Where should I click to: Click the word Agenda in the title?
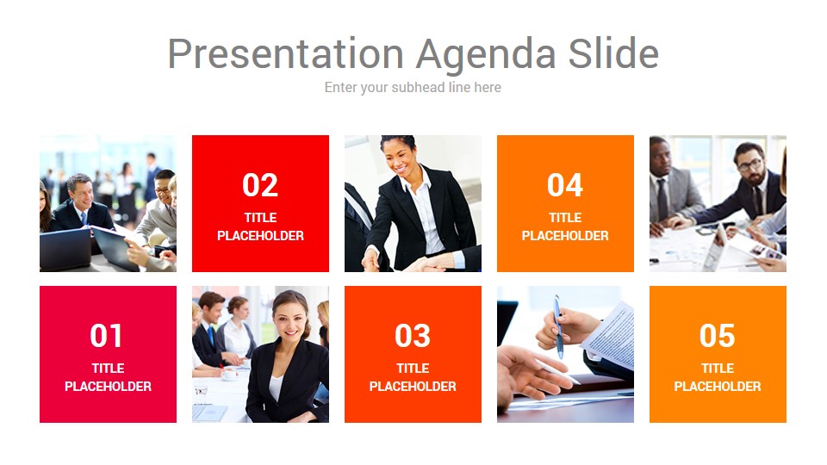485,55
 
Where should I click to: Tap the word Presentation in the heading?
286,53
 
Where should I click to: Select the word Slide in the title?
613,53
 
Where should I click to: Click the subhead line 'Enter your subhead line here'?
413,88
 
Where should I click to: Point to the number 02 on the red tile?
260,185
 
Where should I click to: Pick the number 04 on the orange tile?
565,185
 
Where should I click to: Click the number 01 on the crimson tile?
107,336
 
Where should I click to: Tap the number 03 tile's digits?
413,336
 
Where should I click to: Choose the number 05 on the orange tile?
718,336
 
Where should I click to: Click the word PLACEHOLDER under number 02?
260,236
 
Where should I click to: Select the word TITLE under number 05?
718,368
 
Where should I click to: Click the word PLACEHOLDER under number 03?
413,387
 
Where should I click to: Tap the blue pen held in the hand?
558,327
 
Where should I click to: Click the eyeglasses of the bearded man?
750,165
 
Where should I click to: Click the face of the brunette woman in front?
289,318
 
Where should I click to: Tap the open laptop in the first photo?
66,248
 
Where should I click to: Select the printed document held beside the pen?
610,333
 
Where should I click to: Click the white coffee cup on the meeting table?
230,374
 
